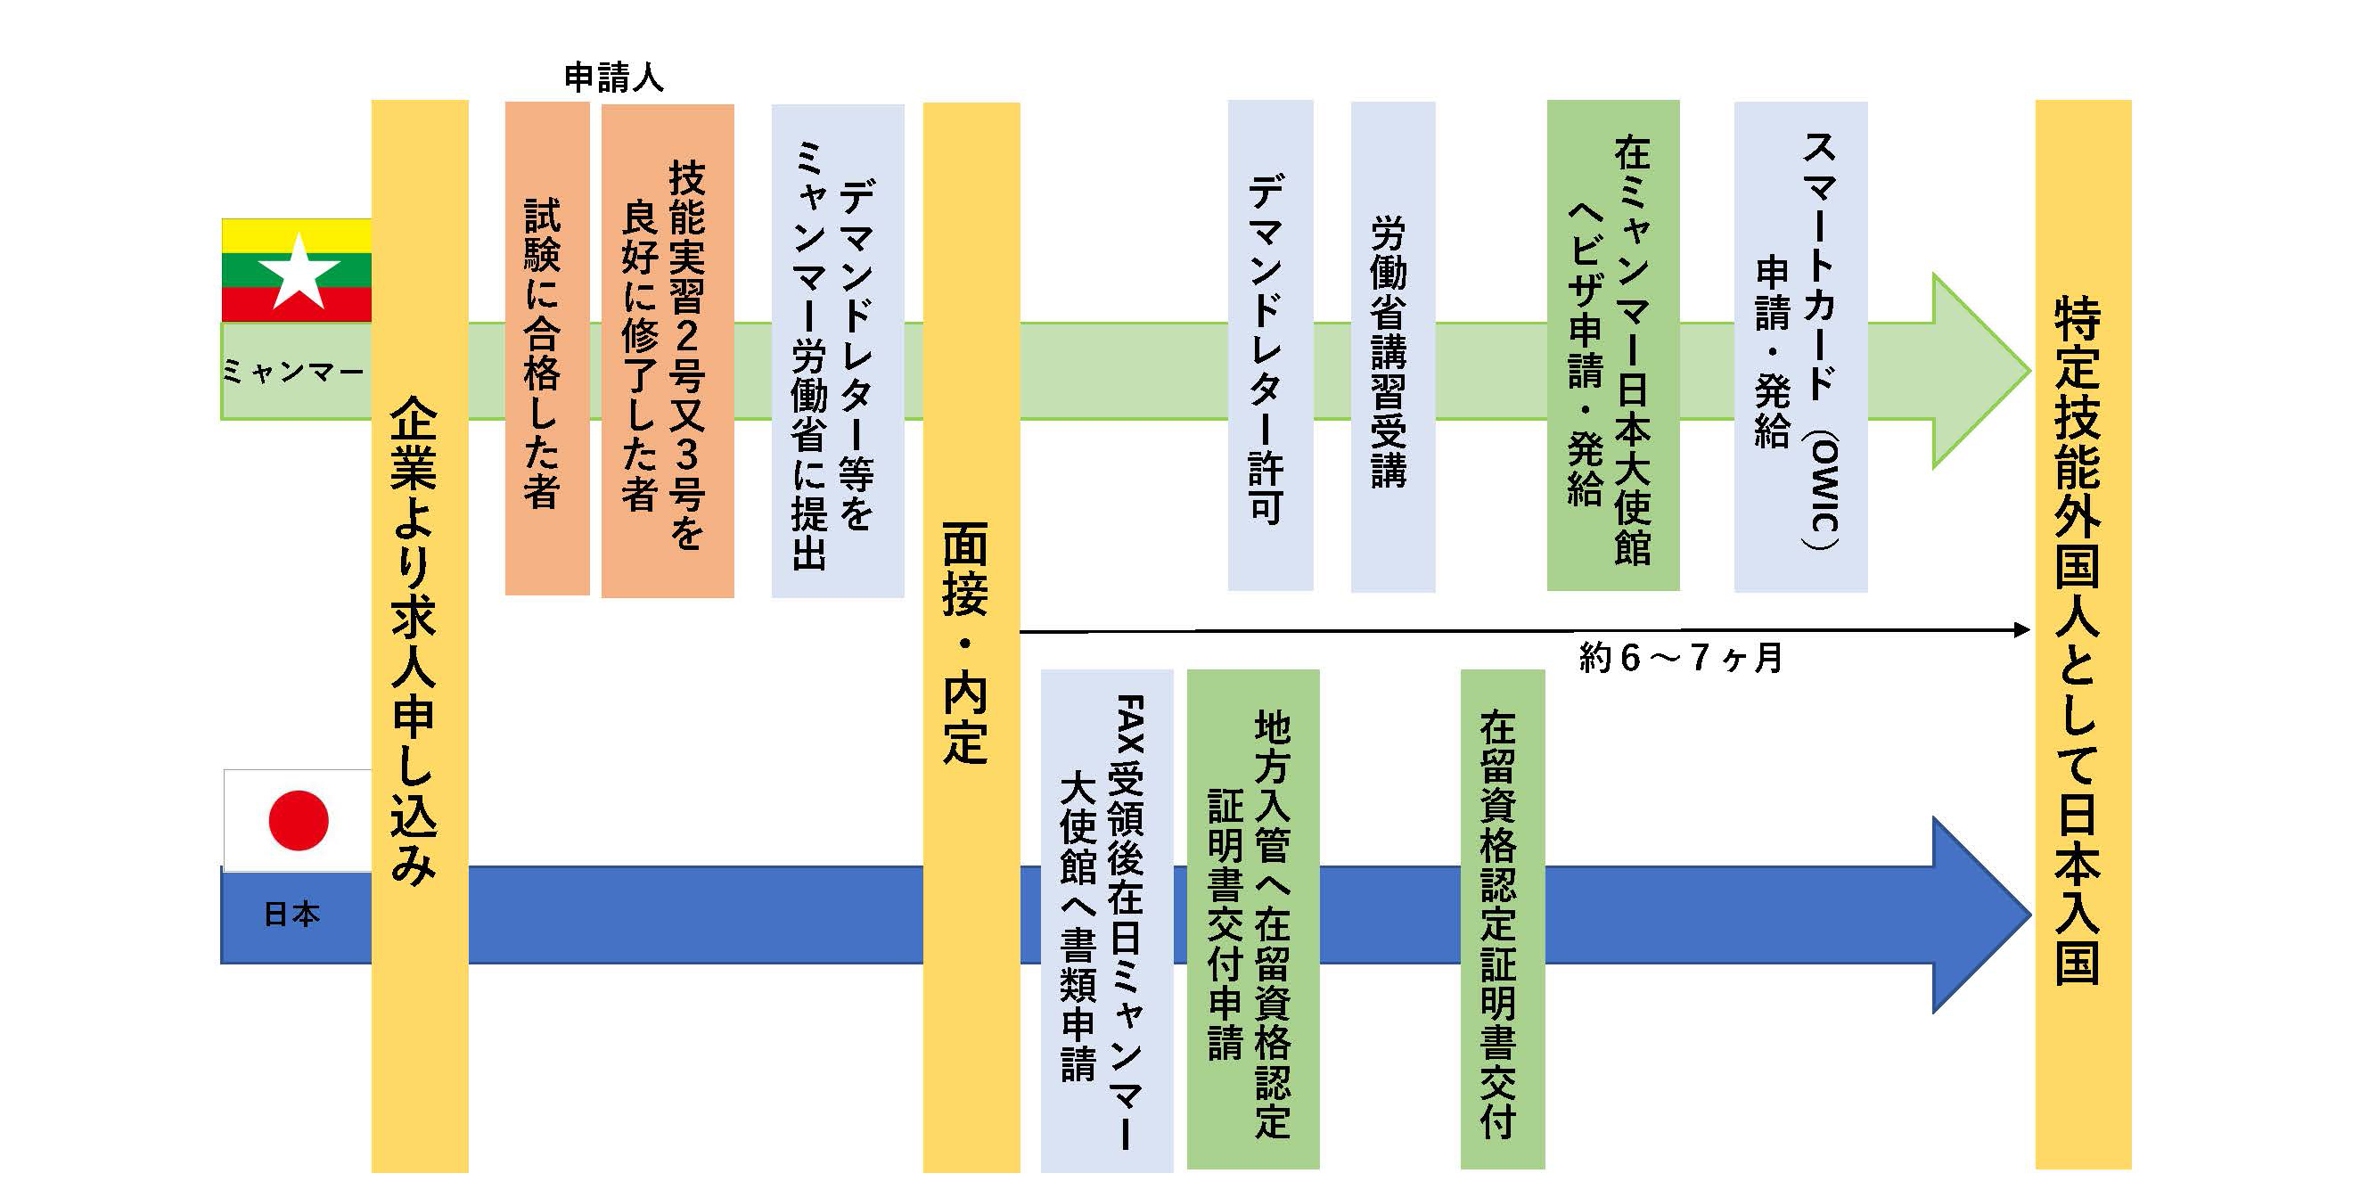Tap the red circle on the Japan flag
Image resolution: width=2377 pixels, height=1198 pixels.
point(298,819)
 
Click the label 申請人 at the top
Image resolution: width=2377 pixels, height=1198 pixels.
point(613,78)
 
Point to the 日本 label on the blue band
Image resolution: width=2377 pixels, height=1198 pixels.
point(291,914)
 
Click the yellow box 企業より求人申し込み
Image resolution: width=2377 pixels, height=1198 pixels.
point(419,636)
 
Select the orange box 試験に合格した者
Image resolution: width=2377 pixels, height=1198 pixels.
point(546,349)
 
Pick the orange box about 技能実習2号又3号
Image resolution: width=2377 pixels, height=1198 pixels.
point(668,350)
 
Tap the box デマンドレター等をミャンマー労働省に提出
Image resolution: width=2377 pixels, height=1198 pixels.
point(837,350)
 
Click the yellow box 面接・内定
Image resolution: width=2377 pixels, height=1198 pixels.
point(971,636)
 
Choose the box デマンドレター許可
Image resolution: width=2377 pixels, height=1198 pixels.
point(1270,345)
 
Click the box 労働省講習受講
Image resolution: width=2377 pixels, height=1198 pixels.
point(1392,347)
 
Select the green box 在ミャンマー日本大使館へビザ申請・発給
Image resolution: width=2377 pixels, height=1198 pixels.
point(1612,345)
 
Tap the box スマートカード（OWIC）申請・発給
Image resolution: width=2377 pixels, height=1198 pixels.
point(1800,347)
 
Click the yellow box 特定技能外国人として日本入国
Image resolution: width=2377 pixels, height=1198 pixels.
point(2083,635)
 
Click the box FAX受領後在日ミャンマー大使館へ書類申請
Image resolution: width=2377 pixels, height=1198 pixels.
point(1106,920)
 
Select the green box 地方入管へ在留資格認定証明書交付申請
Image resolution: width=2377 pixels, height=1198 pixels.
point(1252,918)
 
